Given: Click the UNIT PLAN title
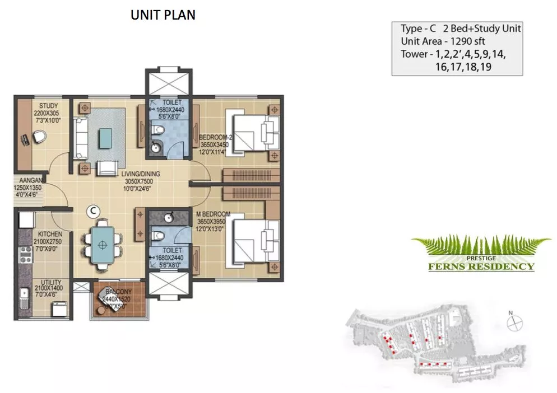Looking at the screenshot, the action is coord(163,15).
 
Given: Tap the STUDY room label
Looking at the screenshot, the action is coord(48,106).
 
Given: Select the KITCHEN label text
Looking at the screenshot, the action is coord(50,235).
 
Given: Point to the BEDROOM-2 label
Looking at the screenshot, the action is coord(215,137).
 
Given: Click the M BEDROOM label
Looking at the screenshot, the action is coord(213,214).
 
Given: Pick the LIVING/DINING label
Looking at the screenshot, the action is coord(141,174).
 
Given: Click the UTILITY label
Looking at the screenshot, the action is coord(51,282).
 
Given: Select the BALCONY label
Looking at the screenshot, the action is coord(118,292).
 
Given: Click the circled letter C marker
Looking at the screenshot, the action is coord(94,211).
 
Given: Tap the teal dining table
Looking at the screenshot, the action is coord(103,245).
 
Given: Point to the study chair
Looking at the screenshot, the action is coord(39,137).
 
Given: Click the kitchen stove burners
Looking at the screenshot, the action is coord(26,255).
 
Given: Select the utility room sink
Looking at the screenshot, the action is coord(24,293).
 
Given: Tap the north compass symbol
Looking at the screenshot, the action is coord(514,323).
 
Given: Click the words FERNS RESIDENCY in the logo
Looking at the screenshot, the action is coord(481,266).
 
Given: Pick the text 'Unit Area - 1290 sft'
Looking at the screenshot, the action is coord(443,41).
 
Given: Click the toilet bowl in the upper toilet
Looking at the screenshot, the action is coord(157,129).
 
